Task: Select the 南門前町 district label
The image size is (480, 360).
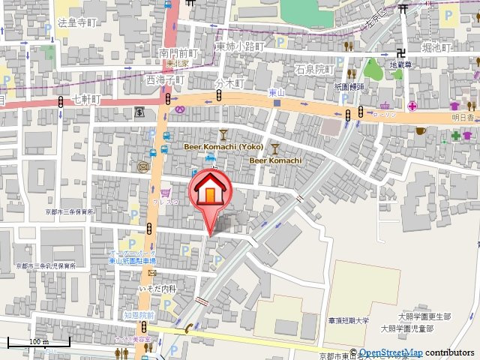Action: [x=178, y=53]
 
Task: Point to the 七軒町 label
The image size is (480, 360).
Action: [x=87, y=98]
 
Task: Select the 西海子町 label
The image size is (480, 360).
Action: [x=166, y=78]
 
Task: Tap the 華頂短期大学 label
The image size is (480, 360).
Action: [x=349, y=320]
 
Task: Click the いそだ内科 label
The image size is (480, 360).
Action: [x=157, y=289]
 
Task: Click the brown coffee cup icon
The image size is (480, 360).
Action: [x=421, y=130]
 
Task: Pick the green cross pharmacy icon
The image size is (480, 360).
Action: [x=455, y=136]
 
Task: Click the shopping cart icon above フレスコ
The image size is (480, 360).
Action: [x=164, y=193]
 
